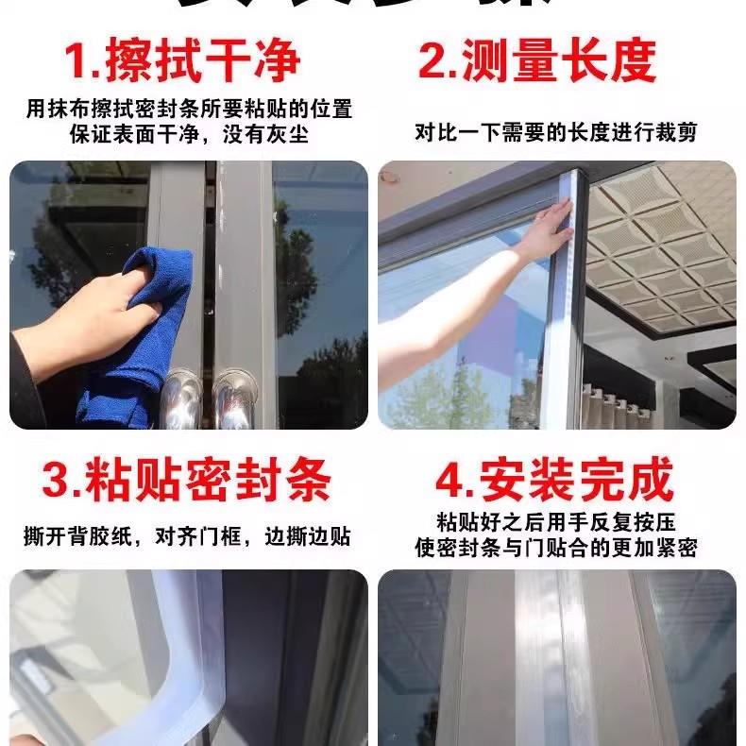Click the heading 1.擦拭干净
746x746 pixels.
[x=181, y=60]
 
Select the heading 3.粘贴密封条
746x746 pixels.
[x=187, y=481]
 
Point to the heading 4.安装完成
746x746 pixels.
[x=554, y=481]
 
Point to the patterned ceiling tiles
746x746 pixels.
[x=661, y=246]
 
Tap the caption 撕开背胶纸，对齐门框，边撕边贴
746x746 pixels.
[x=187, y=536]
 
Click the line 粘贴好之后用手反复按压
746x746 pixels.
[x=556, y=522]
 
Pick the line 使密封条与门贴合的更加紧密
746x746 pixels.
[x=556, y=548]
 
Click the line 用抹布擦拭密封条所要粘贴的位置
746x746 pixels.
[x=188, y=109]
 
